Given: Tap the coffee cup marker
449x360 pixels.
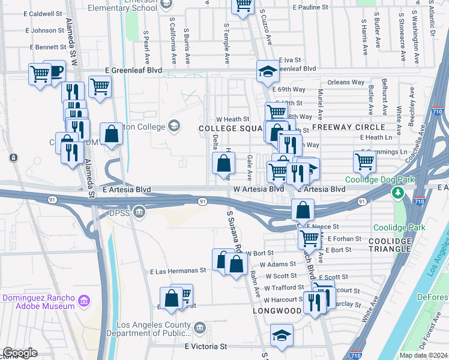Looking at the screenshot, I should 55,72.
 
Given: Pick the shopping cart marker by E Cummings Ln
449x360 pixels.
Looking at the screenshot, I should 364,161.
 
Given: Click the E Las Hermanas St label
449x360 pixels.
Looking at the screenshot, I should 178,271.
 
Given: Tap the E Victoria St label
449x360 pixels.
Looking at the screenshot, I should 206,347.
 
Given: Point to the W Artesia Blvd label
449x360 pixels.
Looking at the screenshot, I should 258,189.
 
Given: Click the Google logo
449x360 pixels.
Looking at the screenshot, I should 20,353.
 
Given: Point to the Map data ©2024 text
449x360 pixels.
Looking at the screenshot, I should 423,355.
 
